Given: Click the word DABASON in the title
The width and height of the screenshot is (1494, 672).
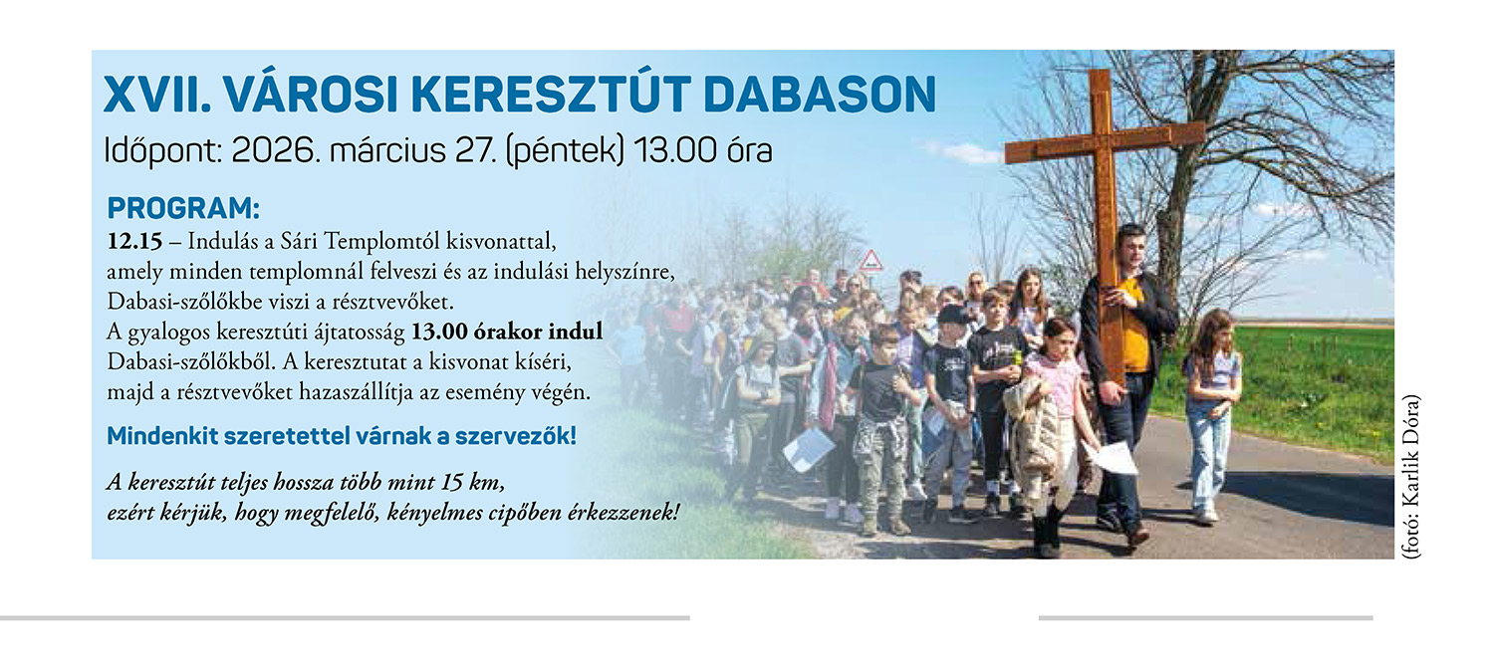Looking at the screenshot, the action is click(820, 95).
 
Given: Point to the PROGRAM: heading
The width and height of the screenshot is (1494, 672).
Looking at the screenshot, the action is click(183, 209).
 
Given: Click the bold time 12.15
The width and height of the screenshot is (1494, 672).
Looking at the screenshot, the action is click(134, 241).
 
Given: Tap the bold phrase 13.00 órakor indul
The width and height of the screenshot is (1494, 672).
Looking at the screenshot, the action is click(507, 332).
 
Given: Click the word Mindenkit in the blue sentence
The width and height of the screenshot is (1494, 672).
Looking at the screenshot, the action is click(162, 436).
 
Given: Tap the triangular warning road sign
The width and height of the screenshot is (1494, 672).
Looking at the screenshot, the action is click(871, 260).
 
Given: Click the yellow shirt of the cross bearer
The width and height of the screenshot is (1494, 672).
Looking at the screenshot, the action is click(1133, 327).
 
